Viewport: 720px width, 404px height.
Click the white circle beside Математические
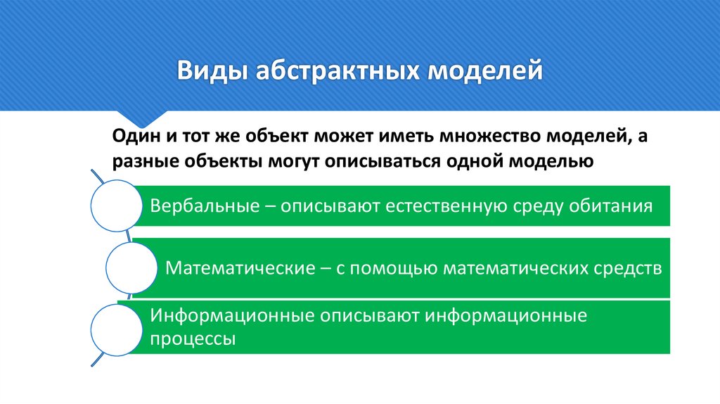point(131,268)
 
